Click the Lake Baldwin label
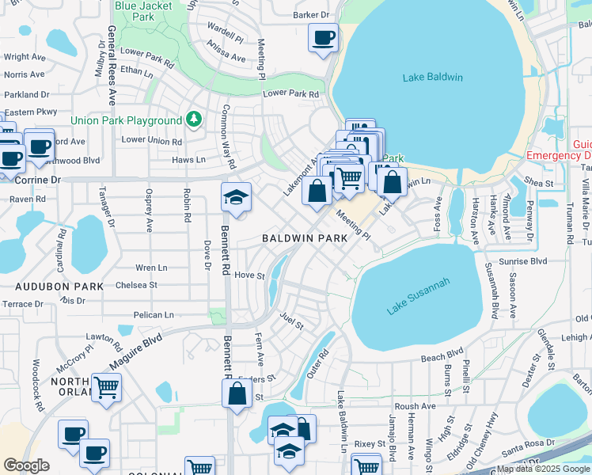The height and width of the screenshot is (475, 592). coord(433,77)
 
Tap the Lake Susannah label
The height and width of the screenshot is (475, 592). coord(418,297)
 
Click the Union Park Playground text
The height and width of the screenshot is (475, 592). coord(126,120)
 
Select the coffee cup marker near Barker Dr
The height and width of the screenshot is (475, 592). coord(323,38)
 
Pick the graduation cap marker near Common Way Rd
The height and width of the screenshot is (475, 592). coord(236,197)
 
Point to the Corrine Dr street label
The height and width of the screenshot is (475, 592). coord(38,180)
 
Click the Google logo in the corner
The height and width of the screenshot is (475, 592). coord(26,465)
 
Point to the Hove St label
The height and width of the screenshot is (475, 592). coord(249,275)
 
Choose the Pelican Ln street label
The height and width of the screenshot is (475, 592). coord(154,315)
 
